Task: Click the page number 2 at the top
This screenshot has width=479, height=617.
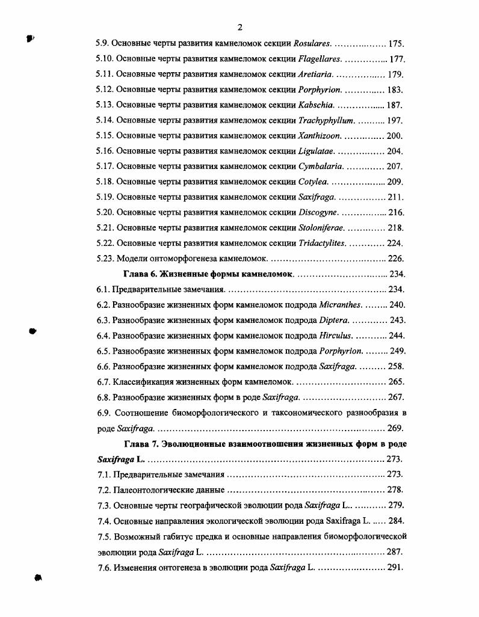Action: point(239,27)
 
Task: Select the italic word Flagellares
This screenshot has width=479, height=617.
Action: point(320,59)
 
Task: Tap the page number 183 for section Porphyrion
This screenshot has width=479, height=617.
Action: point(395,90)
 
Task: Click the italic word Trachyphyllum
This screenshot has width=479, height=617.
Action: point(327,121)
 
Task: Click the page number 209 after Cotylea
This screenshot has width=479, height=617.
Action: point(395,182)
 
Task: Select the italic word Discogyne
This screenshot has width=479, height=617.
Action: point(318,212)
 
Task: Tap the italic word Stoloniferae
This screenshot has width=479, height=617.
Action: point(321,228)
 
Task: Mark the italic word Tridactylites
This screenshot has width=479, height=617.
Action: point(322,244)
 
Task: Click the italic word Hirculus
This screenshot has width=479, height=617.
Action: point(336,336)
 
